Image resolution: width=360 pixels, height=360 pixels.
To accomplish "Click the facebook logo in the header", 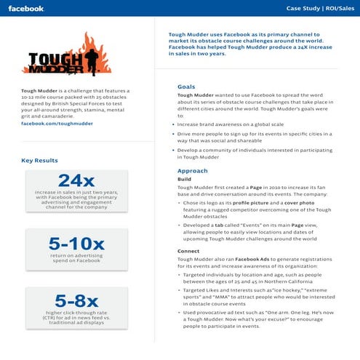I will point(26,8).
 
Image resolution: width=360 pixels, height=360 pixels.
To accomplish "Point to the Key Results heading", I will point(38,160).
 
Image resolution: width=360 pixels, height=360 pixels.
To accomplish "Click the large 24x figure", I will point(76,180).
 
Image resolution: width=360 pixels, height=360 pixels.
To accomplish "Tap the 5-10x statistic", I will point(76,244).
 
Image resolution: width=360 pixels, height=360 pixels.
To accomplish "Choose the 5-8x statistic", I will point(76,300).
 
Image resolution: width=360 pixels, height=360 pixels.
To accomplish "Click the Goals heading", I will point(186,87).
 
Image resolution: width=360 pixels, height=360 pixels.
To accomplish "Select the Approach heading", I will point(192,170).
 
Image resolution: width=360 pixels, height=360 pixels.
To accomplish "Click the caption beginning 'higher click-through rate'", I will point(76,318).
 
